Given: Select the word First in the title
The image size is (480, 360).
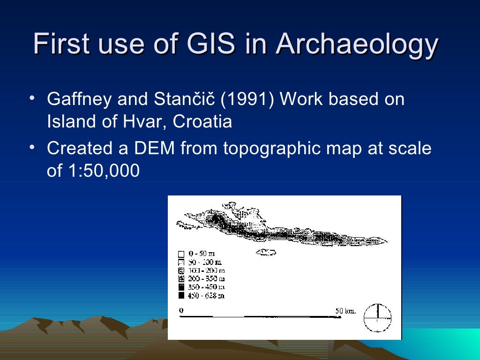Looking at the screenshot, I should tap(62, 45).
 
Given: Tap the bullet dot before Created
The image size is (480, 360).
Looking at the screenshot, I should tap(31, 147).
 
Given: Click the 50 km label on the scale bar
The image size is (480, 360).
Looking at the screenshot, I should tap(345, 310).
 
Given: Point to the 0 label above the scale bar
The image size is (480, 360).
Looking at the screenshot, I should tap(181, 310).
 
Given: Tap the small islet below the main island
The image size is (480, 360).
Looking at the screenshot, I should tap(266, 252).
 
